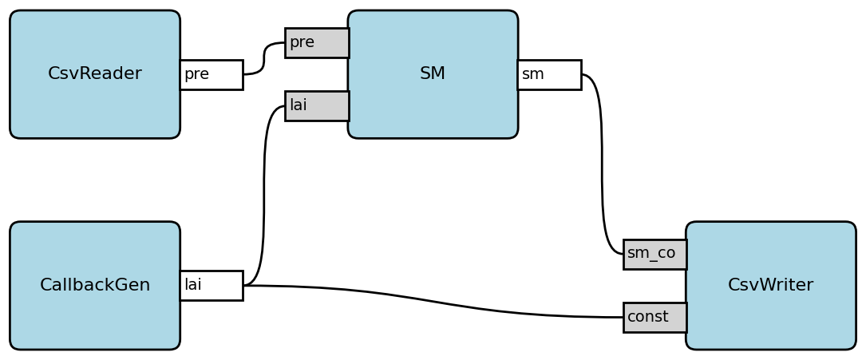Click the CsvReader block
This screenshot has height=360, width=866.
94,104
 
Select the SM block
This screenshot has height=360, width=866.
433,104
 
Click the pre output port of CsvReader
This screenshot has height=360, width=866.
212,74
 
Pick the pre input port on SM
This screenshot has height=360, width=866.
317,42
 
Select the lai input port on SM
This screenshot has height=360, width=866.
317,105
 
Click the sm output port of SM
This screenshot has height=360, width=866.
549,74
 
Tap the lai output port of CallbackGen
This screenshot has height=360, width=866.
212,285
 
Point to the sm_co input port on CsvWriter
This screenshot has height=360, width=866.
654,254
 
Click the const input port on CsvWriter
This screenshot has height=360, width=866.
654,317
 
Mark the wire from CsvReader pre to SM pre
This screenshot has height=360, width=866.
264,58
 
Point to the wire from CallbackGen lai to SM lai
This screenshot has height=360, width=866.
264,192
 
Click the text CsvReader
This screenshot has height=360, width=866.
94,74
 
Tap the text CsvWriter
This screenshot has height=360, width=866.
770,285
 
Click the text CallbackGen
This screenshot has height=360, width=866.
94,285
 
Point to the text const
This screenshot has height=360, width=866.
647,317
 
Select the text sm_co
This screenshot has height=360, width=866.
650,254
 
